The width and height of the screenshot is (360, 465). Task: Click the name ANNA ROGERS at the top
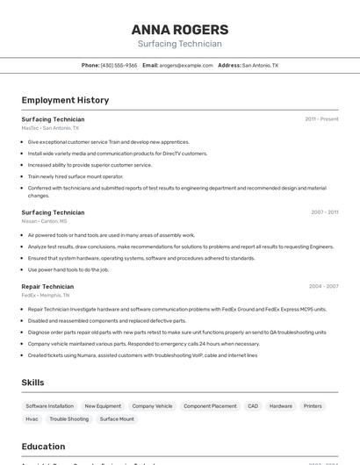pos(179,29)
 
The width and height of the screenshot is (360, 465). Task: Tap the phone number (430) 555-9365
pos(119,65)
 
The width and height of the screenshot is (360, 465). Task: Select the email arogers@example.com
pos(186,65)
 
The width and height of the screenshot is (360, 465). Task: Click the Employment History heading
pos(65,100)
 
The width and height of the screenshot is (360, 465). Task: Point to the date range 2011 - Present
pos(321,119)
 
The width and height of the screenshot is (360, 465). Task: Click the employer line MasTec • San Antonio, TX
pos(50,128)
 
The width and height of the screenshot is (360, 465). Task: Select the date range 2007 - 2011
pos(324,212)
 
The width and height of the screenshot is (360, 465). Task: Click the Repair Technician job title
pos(47,286)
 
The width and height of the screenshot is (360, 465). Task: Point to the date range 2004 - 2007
pos(323,286)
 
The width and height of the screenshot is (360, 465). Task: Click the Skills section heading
pos(32,383)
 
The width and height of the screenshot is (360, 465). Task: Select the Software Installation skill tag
pos(49,406)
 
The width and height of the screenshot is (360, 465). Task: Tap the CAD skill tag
pos(252,406)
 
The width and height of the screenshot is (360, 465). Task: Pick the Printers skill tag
pos(313,406)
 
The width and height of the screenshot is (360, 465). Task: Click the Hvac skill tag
pos(32,419)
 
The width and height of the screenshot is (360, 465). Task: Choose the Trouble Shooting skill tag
pos(68,419)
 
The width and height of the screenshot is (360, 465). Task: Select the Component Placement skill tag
pos(210,406)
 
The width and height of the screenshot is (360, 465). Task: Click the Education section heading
pos(43,447)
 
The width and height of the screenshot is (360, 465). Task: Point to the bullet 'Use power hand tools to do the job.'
pos(68,269)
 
